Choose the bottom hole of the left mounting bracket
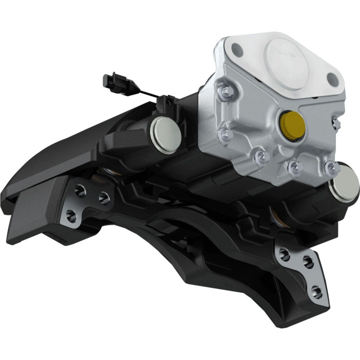click(70, 215)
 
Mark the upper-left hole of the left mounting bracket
click(79, 190)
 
